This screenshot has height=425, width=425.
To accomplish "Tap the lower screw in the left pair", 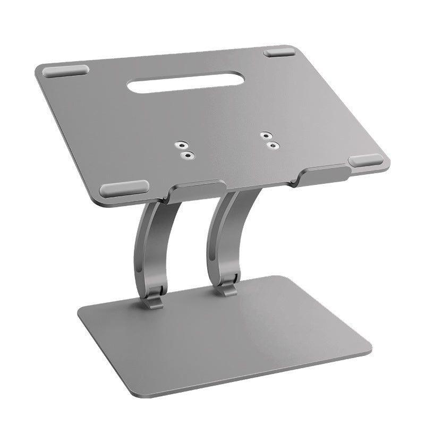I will point(186,154).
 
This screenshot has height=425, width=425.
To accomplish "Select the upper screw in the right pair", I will point(265,135).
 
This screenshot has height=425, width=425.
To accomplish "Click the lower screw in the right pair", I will point(273,144).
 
